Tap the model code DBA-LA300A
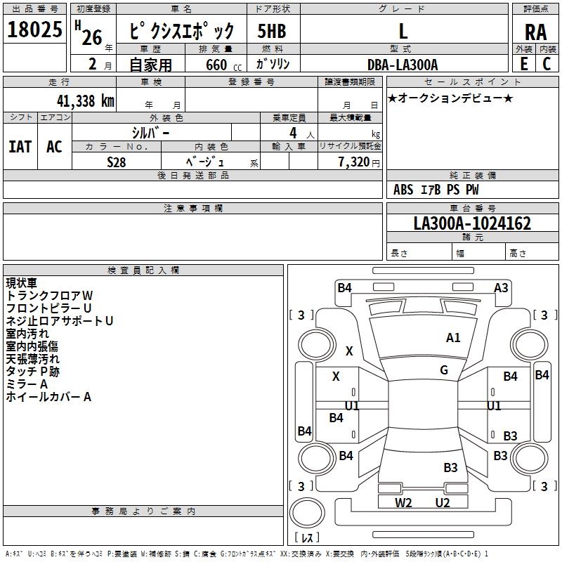click(403, 65)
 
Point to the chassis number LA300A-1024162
click(472, 223)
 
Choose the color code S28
click(116, 162)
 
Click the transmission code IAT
click(20, 146)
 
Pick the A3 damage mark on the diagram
click(501, 287)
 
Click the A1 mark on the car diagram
click(453, 338)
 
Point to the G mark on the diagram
click(444, 370)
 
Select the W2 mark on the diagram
click(403, 502)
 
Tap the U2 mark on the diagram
click(442, 502)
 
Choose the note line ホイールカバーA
click(49, 397)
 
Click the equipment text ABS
click(403, 190)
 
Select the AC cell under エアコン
click(54, 146)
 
